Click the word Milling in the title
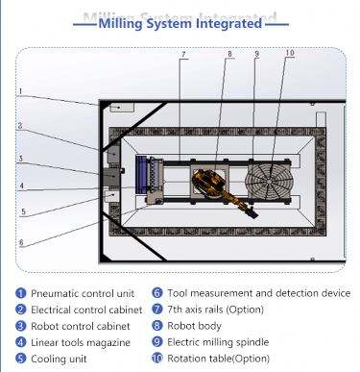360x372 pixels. [x=120, y=24]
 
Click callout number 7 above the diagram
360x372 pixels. [x=183, y=55]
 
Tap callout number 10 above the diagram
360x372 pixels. [x=290, y=53]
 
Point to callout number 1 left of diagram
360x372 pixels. [x=20, y=91]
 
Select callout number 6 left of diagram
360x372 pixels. [x=21, y=242]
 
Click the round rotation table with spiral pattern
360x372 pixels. [x=269, y=182]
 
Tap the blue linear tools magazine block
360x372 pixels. [x=141, y=175]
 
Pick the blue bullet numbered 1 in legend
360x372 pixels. [x=21, y=293]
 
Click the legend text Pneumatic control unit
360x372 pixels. [x=83, y=293]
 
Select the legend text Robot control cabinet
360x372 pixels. [x=81, y=326]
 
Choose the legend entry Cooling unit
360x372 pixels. [x=59, y=359]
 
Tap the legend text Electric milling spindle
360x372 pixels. [x=218, y=342]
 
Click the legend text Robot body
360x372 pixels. [x=194, y=326]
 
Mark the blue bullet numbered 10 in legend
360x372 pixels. [x=157, y=358]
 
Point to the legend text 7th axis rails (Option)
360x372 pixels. [x=215, y=310]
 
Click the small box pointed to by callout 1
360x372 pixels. [x=122, y=108]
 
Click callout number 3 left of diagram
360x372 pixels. [x=21, y=159]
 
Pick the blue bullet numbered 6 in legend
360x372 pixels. [x=157, y=293]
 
